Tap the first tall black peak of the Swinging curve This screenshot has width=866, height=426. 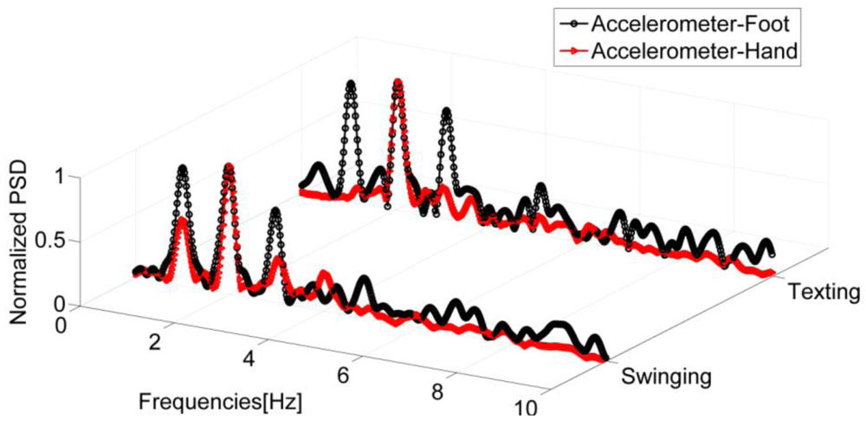coord(182,169)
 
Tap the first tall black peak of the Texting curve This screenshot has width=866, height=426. coord(351,85)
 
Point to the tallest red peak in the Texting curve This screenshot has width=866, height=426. coord(397,83)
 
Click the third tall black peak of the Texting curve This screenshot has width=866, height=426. coord(446,113)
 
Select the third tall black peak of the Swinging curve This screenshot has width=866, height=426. coord(275,211)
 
